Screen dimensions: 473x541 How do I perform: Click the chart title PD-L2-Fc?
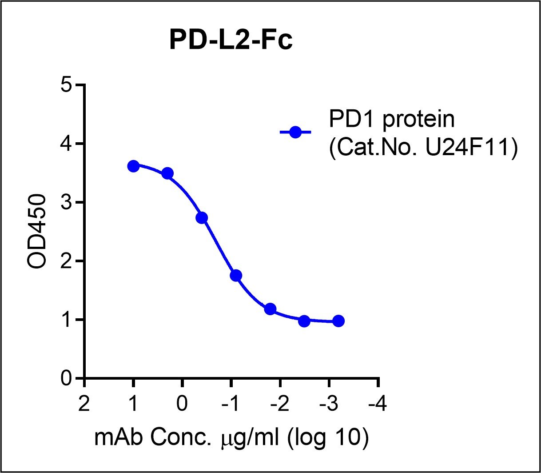point(231,41)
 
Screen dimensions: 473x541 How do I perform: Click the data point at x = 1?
point(133,166)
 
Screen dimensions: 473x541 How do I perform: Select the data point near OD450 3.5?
point(167,173)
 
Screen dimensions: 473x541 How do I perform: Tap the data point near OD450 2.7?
point(202,218)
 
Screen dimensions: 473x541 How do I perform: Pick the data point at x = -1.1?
point(236,275)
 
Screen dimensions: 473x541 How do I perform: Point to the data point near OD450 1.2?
point(270,309)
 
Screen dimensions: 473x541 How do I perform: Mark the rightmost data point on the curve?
point(338,321)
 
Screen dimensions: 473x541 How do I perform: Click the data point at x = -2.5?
point(304,321)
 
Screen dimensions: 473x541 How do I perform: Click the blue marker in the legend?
point(295,132)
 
